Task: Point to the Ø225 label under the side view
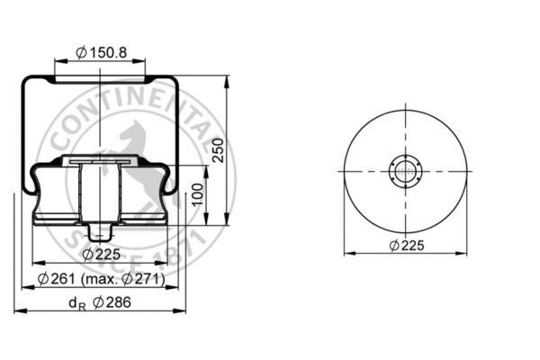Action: click(102, 255)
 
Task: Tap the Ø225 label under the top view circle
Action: click(408, 245)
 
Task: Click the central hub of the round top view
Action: click(408, 171)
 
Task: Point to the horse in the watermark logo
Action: click(126, 144)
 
